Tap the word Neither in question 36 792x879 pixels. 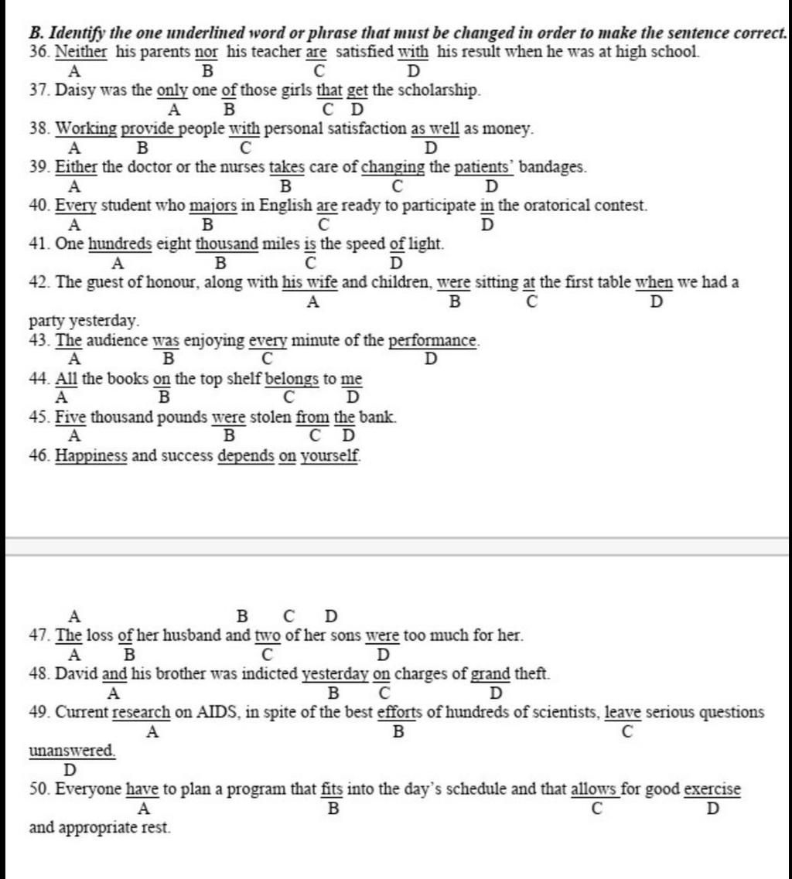82,53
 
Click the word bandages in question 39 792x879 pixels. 552,167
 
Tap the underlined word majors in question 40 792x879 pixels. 213,206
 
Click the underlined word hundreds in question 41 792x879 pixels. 120,244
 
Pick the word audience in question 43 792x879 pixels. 116,340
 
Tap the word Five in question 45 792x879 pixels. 70,417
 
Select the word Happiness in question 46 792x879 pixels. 90,456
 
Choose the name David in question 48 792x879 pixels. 76,674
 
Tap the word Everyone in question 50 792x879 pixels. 88,789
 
